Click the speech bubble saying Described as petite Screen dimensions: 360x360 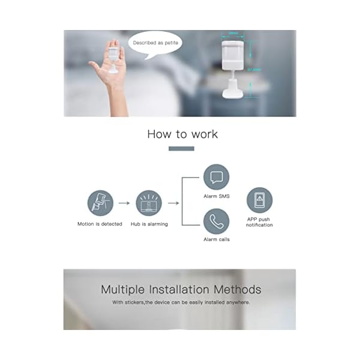(x=155, y=43)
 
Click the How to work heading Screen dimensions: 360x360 (x=182, y=134)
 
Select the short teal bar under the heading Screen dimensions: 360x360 (x=181, y=149)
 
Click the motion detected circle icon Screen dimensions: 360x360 (x=100, y=203)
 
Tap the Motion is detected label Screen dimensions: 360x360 (x=100, y=224)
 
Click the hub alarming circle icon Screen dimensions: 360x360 (x=149, y=203)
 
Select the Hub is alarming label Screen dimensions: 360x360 (x=149, y=224)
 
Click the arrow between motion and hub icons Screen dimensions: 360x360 (x=124, y=203)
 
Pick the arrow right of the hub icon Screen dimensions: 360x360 (x=173, y=203)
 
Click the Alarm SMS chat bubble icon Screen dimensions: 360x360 (x=216, y=177)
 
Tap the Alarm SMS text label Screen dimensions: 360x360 (x=216, y=196)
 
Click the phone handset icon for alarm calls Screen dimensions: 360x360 (x=216, y=221)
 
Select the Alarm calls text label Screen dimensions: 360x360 (x=216, y=239)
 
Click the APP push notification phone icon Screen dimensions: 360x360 (x=259, y=200)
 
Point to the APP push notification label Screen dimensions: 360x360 (x=259, y=222)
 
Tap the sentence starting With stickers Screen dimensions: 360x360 (x=181, y=302)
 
